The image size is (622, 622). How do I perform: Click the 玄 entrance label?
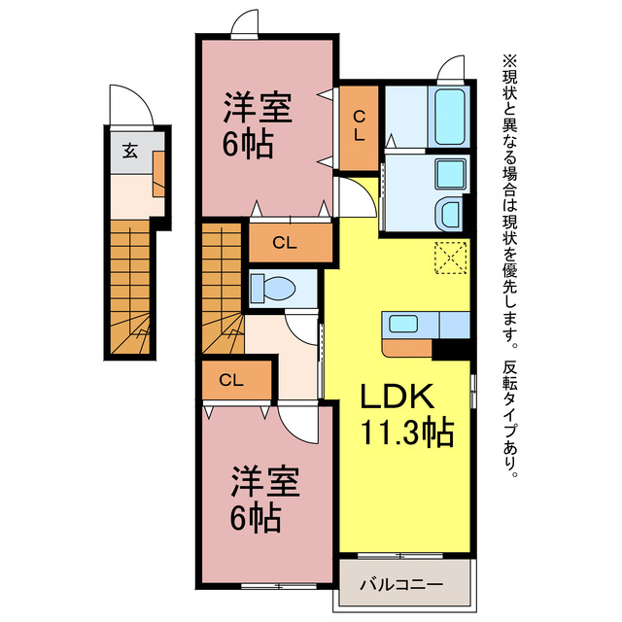[128, 151]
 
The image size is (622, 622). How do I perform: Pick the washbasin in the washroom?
[451, 213]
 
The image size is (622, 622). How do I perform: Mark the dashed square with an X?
[451, 259]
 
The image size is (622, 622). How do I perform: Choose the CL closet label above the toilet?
[284, 242]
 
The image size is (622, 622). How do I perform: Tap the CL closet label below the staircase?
[231, 379]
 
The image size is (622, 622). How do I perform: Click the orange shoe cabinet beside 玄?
[159, 166]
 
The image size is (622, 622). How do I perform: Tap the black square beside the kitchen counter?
[450, 347]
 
